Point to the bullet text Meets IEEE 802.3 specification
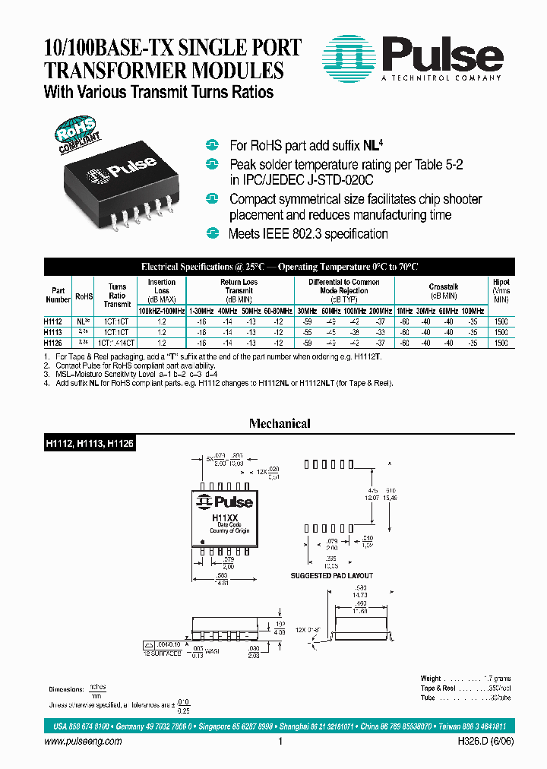click(308, 234)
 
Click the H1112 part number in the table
click(54, 321)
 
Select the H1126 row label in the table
click(54, 343)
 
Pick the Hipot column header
click(501, 282)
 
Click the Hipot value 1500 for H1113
click(501, 333)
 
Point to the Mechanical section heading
click(280, 423)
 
